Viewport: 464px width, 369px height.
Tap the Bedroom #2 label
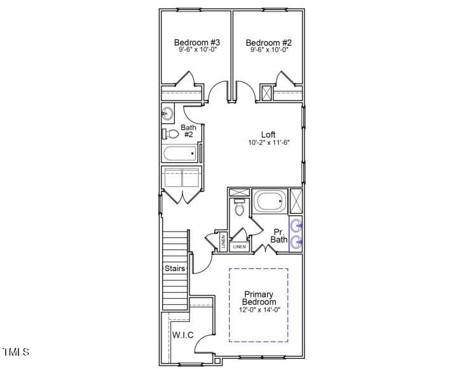point(268,43)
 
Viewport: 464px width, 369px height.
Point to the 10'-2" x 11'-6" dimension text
point(269,143)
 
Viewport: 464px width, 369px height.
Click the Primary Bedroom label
point(259,298)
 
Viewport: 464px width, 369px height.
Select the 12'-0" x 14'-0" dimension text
point(259,310)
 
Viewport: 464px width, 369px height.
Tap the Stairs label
point(175,268)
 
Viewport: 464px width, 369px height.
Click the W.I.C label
point(182,335)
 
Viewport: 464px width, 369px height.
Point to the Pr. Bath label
point(278,235)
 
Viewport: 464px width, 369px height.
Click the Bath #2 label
point(189,131)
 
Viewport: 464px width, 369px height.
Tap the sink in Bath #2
point(168,115)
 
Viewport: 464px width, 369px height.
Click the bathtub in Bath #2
point(181,154)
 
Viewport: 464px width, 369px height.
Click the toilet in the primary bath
point(239,207)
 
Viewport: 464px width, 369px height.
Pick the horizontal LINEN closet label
point(239,246)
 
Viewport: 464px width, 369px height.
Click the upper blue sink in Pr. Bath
point(296,225)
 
